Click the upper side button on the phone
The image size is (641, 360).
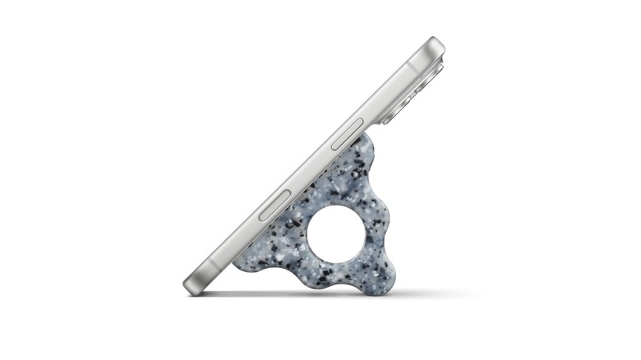pyautogui.click(x=346, y=134)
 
